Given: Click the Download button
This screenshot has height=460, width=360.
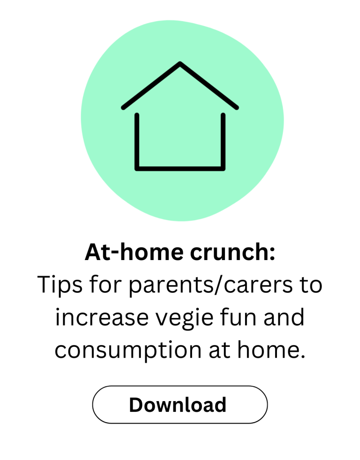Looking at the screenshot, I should [x=180, y=404].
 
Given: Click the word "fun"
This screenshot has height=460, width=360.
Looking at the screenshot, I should [x=245, y=317].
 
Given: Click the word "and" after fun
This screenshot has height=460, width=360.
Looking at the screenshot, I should [x=287, y=317].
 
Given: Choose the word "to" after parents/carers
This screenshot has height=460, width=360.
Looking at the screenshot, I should [x=310, y=286].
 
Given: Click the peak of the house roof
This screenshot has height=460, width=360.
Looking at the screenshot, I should [x=180, y=64].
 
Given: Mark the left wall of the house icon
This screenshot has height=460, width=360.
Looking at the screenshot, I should [x=137, y=142].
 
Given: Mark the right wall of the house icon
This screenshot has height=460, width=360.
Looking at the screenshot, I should [x=223, y=142].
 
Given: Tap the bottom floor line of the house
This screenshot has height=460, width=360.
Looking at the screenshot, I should [x=180, y=168].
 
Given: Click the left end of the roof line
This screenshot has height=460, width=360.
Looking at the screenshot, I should [x=123, y=107].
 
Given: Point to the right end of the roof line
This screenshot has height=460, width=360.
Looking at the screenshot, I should [x=236, y=107].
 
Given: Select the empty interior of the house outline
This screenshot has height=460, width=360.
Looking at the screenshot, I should [x=180, y=135].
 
